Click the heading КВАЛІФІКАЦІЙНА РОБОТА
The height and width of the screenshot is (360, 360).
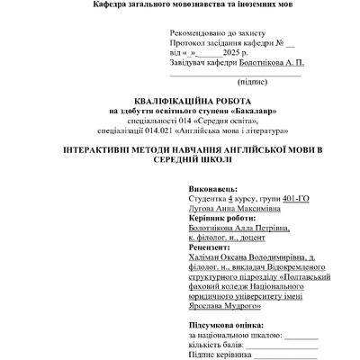tap(181, 101)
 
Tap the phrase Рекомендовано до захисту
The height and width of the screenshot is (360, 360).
tap(215, 33)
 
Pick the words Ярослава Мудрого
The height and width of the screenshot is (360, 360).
tap(225, 307)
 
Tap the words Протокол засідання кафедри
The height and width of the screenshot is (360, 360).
tap(228, 43)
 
